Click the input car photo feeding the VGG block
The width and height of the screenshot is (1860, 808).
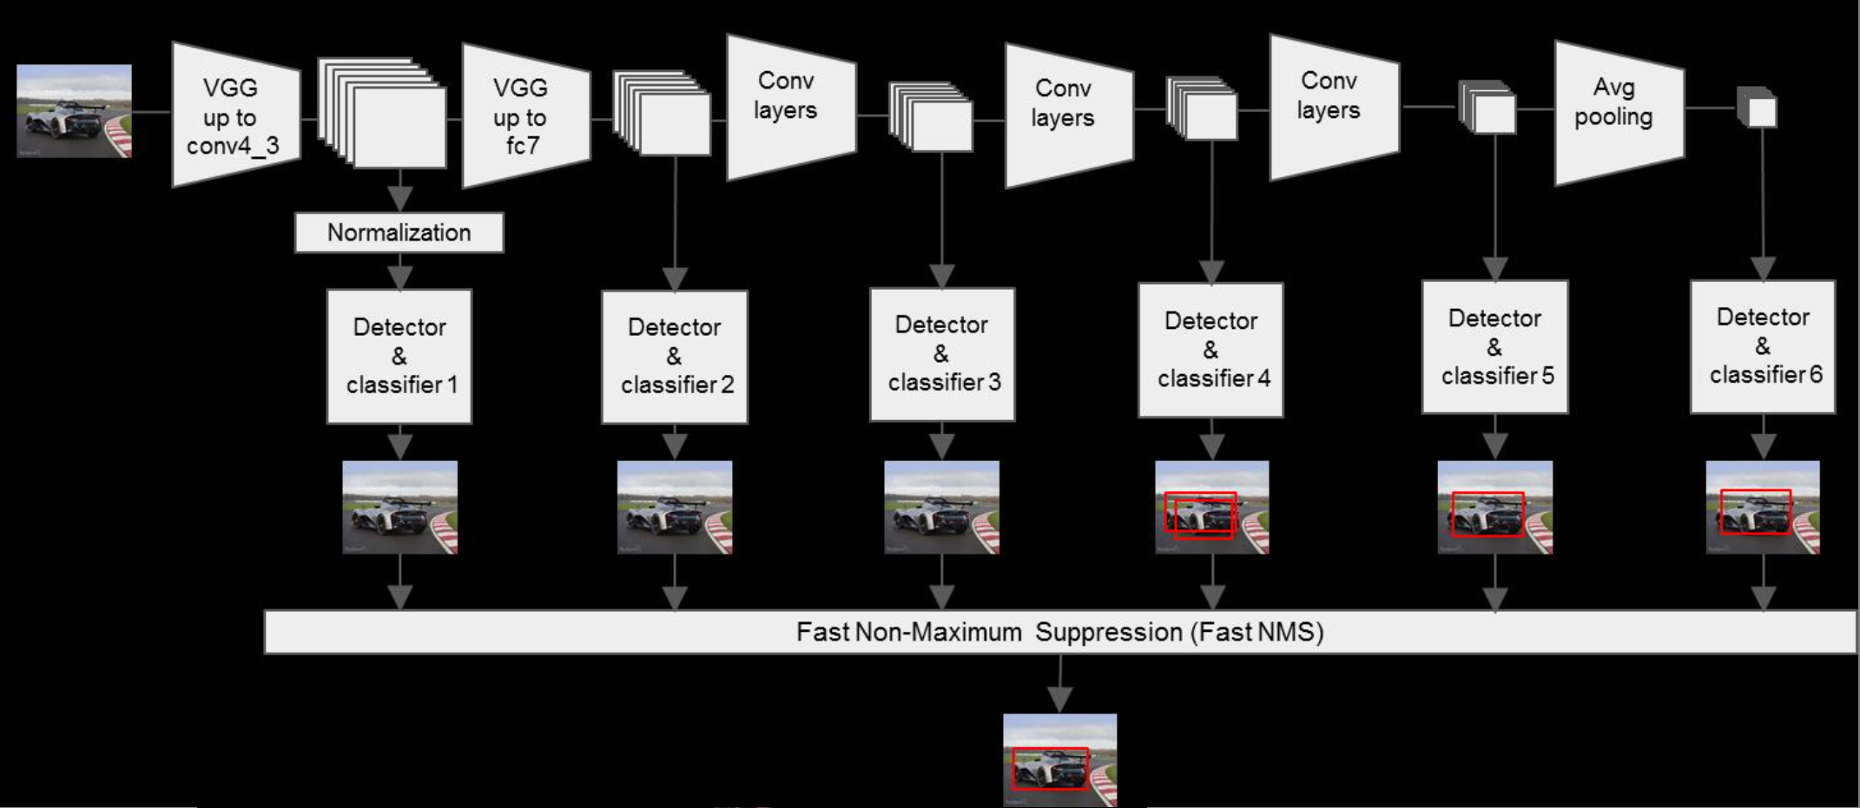click(75, 111)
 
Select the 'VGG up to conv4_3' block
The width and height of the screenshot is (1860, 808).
click(233, 116)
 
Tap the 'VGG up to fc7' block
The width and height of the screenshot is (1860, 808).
click(522, 116)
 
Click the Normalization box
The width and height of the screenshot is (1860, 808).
click(399, 233)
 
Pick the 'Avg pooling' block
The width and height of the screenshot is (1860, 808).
click(1615, 113)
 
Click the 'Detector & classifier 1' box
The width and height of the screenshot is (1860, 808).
click(399, 356)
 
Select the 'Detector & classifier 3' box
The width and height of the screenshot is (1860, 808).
click(942, 354)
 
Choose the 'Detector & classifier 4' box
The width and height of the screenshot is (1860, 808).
click(1211, 350)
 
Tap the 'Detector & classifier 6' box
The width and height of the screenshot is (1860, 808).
click(1763, 346)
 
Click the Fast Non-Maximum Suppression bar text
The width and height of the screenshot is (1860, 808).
click(1059, 632)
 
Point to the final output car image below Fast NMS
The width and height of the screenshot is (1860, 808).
click(1059, 760)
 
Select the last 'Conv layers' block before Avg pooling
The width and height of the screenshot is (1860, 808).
click(1331, 106)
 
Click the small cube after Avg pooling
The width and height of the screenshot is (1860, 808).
click(1758, 108)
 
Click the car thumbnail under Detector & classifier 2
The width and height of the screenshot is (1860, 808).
click(675, 507)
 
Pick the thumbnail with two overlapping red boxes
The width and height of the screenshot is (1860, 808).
click(1212, 507)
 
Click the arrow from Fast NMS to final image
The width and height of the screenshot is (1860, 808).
click(1059, 686)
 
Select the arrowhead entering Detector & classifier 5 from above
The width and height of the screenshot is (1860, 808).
click(1494, 268)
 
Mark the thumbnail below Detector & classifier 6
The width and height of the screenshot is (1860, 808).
click(1763, 507)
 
